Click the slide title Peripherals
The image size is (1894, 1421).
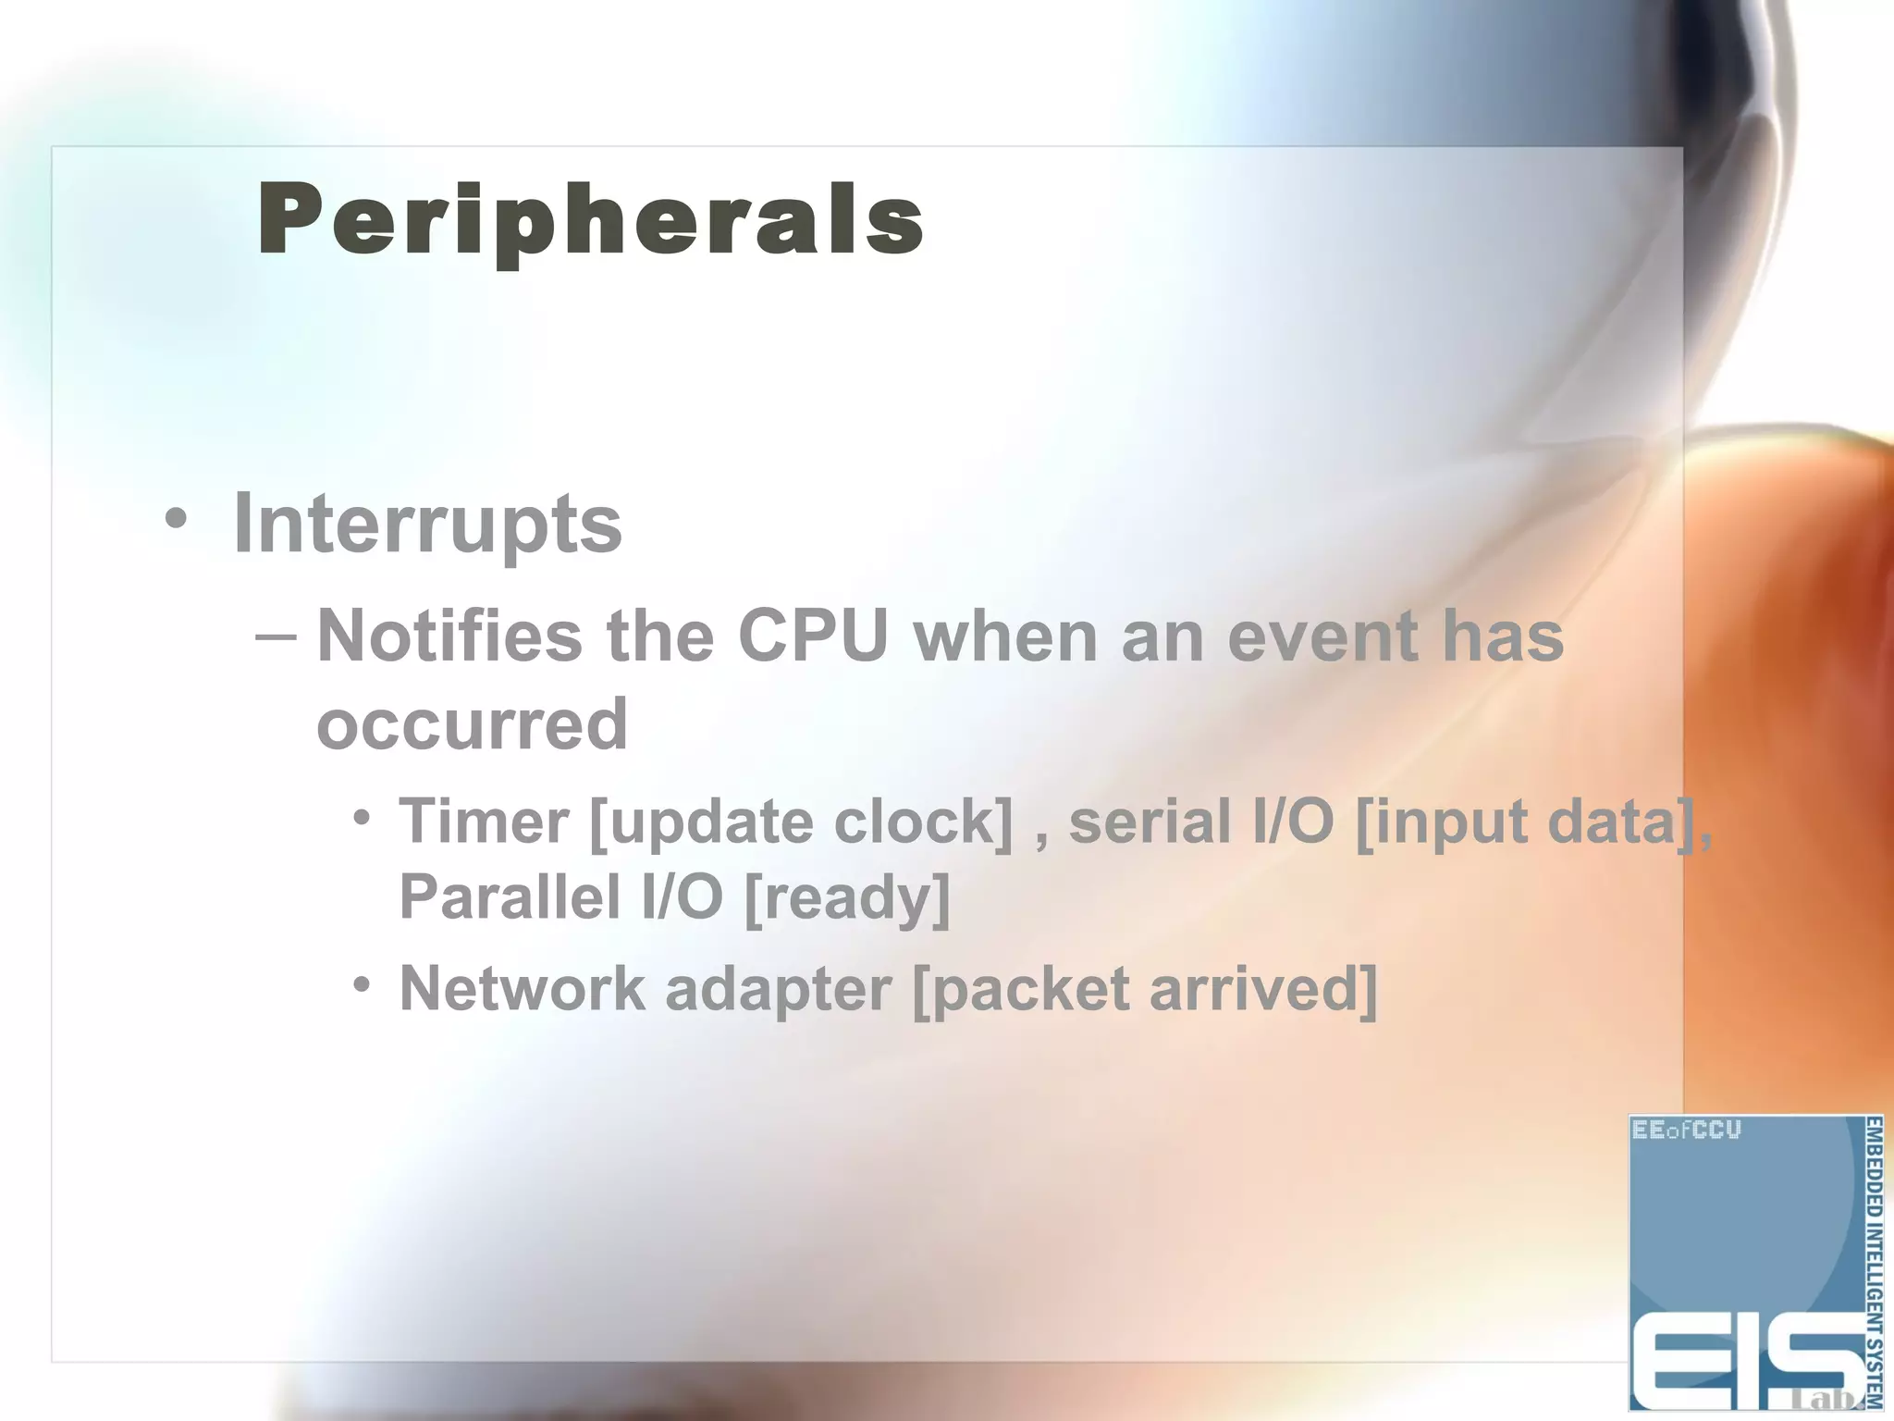(x=590, y=220)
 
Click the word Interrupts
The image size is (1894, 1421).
(x=427, y=525)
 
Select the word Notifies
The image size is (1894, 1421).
(x=449, y=636)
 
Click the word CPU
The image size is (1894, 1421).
(x=813, y=636)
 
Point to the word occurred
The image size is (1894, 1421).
(x=472, y=724)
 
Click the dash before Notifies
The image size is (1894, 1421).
(x=276, y=636)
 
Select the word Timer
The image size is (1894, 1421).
(x=484, y=822)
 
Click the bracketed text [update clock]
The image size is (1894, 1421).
(x=801, y=822)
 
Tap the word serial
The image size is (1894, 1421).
(x=1150, y=822)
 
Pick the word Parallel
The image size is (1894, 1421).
(x=509, y=896)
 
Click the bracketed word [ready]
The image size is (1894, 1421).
(x=846, y=896)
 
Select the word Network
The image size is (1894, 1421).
(x=522, y=989)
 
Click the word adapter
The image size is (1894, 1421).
(x=778, y=989)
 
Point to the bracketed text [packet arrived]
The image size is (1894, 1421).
(x=1144, y=989)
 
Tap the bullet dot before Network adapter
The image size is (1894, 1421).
(x=362, y=984)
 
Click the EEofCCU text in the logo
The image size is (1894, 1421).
(x=1686, y=1131)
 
